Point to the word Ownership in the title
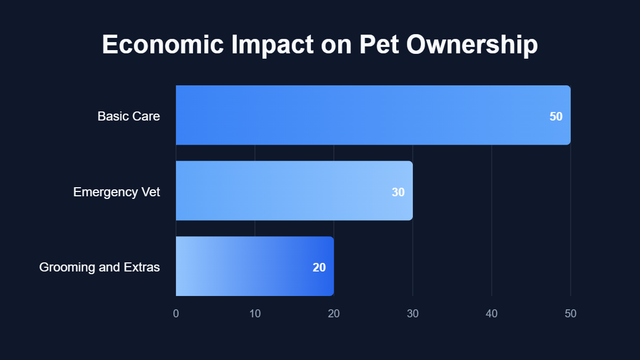coord(472,45)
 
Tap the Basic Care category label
coord(129,116)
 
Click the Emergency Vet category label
coord(116,191)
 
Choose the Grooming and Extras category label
coord(99,267)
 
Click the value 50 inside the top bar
coord(556,116)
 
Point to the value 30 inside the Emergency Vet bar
coord(398,192)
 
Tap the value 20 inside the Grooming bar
coord(319,268)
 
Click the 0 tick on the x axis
coord(176,314)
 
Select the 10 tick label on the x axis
coord(255,314)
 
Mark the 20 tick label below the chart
coord(334,314)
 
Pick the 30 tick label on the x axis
coord(413,314)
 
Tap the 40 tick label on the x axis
coord(492,314)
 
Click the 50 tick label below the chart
coord(571,314)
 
